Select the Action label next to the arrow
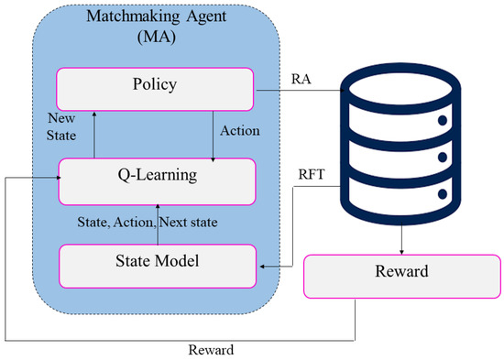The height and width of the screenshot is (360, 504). pyautogui.click(x=241, y=131)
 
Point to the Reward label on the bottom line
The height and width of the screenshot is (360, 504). pyautogui.click(x=212, y=349)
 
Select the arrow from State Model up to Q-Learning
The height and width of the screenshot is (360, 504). pyautogui.click(x=158, y=220)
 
